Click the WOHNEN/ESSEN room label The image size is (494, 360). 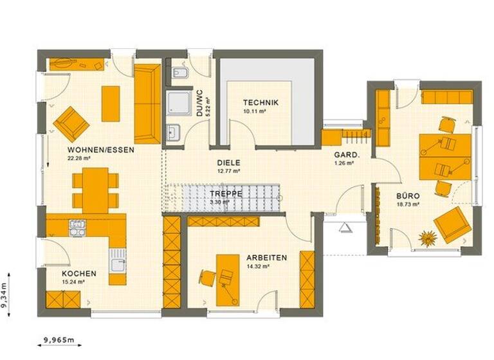pyautogui.click(x=100, y=150)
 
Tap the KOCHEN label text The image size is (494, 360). pyautogui.click(x=80, y=274)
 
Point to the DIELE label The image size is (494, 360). pyautogui.click(x=228, y=163)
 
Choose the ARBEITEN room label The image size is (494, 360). pyautogui.click(x=266, y=257)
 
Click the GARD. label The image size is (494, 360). pyautogui.click(x=342, y=156)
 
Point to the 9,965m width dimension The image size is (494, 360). pyautogui.click(x=59, y=339)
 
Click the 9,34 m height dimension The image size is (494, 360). pyautogui.click(x=5, y=296)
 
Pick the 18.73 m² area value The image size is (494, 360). pyautogui.click(x=408, y=204)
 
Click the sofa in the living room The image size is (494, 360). pyautogui.click(x=147, y=103)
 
